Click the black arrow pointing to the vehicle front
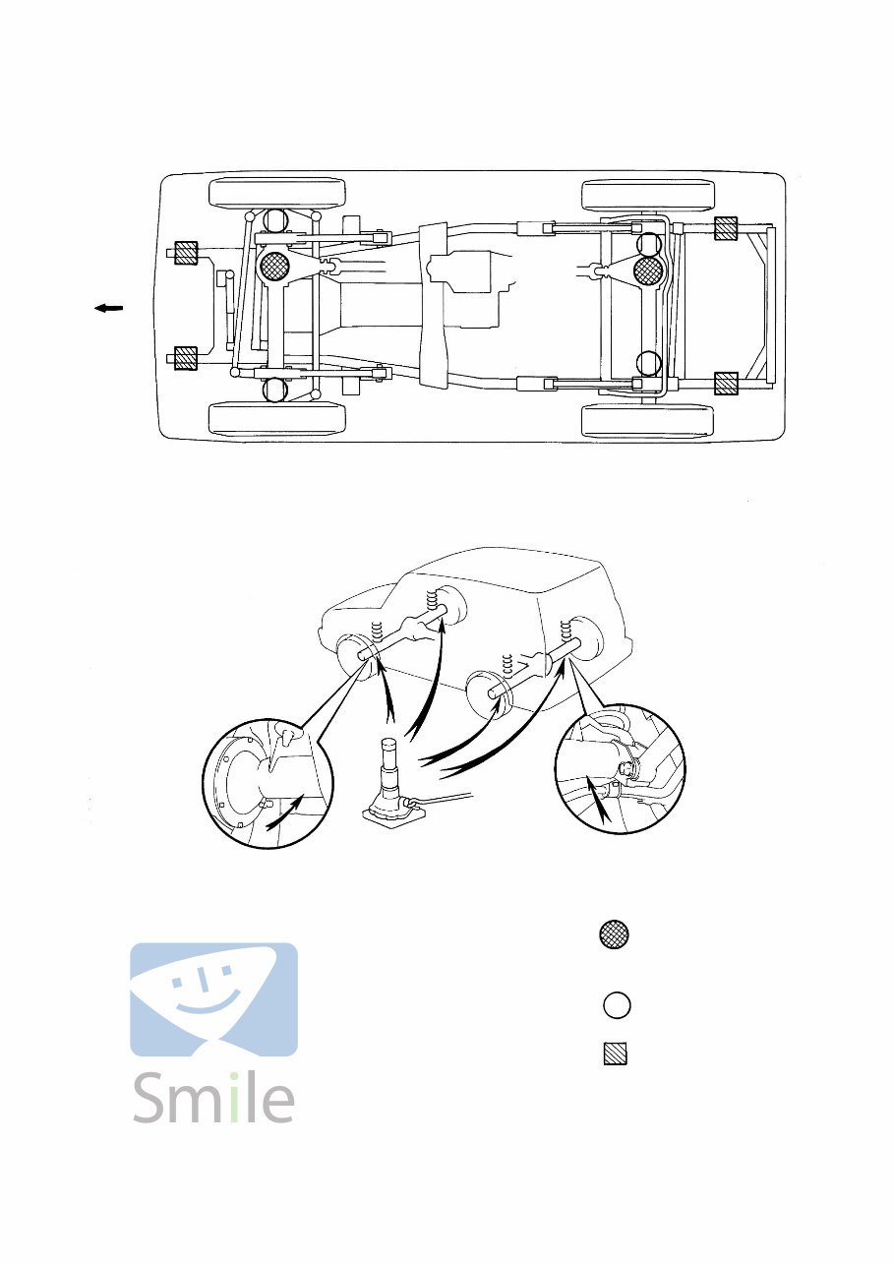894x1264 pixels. (x=108, y=309)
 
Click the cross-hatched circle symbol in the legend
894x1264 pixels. (x=616, y=935)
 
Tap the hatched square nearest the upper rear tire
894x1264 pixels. (x=726, y=229)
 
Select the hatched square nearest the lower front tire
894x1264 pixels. (x=186, y=360)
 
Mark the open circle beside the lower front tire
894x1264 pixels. (x=275, y=391)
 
